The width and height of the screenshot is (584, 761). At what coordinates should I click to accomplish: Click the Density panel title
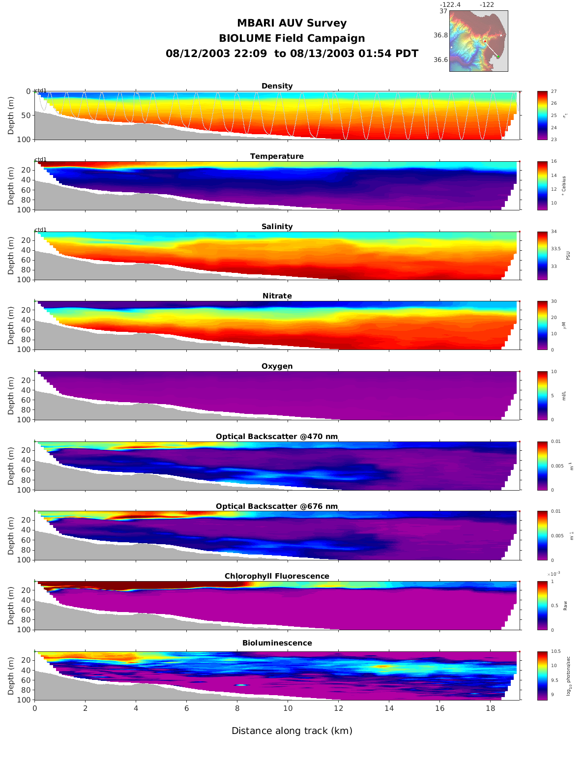[277, 86]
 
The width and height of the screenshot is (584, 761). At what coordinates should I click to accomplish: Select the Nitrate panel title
[277, 296]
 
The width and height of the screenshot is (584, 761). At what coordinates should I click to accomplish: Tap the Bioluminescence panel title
[277, 643]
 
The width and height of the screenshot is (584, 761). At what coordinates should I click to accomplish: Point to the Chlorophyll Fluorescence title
[277, 576]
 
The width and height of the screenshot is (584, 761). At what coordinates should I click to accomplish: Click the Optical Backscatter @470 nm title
[277, 437]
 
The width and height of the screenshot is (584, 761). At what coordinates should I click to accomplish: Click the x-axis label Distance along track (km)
[292, 731]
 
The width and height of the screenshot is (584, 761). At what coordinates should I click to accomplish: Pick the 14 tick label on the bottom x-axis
[389, 708]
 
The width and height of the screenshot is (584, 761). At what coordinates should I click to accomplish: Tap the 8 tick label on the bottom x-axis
[237, 708]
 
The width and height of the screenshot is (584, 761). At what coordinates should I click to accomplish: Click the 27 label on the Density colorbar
[554, 91]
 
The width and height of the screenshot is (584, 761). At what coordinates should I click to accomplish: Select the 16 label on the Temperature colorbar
[554, 162]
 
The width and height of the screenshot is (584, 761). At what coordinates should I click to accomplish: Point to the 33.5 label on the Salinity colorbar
[556, 249]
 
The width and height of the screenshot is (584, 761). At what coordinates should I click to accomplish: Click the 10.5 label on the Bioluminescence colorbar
[556, 651]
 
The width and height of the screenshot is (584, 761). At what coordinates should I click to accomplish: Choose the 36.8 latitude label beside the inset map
[440, 35]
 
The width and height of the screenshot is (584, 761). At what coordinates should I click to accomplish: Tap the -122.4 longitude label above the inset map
[450, 5]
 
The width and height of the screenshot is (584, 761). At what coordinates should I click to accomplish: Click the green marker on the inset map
[498, 57]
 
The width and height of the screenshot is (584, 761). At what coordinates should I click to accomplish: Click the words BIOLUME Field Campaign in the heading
[292, 38]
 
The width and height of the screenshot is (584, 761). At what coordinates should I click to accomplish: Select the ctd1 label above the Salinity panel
[40, 230]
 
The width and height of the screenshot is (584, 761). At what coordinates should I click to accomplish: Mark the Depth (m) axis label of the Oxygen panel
[11, 396]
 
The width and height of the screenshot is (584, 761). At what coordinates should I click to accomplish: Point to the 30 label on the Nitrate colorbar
[554, 301]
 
